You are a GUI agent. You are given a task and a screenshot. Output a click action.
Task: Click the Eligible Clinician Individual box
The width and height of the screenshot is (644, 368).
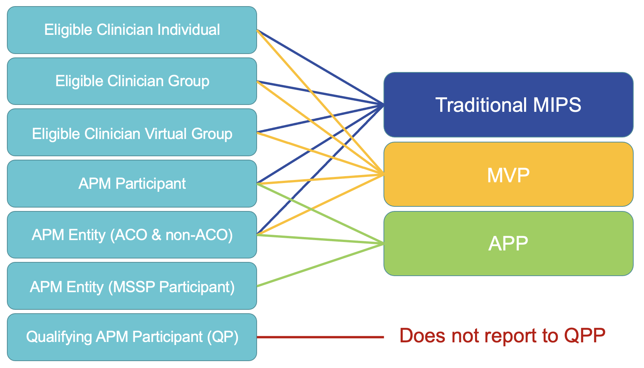[132, 30]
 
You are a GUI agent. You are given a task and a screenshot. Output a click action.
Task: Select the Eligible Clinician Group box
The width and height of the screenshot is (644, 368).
[132, 81]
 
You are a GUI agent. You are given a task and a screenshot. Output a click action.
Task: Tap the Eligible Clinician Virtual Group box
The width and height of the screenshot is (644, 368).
[132, 134]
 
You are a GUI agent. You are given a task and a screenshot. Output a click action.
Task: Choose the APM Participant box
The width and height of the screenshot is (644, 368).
[132, 183]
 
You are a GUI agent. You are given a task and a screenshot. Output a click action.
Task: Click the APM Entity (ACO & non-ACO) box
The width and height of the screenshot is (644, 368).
[132, 235]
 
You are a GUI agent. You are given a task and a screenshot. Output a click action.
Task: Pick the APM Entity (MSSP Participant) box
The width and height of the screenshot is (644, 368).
[132, 286]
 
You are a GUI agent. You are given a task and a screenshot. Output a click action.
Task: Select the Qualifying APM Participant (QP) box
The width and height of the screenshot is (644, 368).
[132, 337]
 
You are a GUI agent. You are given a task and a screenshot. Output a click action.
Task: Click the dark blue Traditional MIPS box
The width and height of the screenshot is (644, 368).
[508, 105]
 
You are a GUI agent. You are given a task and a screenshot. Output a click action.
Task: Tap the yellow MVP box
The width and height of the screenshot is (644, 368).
[508, 175]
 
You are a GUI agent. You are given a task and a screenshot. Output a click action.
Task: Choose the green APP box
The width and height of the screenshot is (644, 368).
[508, 244]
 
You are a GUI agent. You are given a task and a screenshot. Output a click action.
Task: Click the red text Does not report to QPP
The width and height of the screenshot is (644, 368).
[502, 336]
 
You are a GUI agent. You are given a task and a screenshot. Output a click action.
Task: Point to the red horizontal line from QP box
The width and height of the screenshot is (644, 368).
[320, 337]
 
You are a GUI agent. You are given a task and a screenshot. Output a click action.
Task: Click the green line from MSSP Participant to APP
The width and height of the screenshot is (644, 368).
[320, 265]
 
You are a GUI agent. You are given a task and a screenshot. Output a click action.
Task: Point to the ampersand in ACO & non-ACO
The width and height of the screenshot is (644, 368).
[156, 235]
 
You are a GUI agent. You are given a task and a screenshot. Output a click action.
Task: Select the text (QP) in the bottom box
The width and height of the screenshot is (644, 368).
[223, 337]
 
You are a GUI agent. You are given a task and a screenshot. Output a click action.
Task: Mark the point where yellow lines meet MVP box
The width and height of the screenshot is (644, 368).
[383, 175]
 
